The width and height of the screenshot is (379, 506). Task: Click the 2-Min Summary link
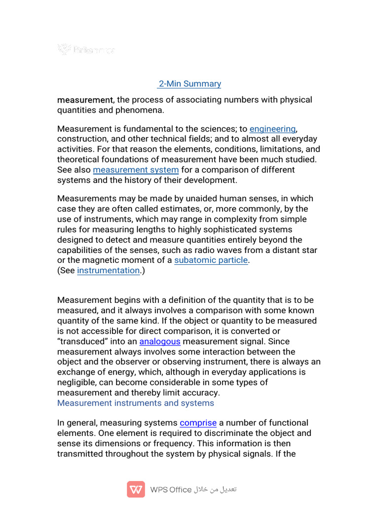[189, 84]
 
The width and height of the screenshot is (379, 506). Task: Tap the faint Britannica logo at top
[86, 49]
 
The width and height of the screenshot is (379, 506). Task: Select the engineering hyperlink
[272, 129]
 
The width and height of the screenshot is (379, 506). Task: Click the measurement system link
[136, 170]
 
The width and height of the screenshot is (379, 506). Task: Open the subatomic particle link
[211, 260]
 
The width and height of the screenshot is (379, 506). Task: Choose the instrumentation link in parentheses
[108, 270]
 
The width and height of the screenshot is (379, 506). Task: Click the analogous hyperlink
[160, 341]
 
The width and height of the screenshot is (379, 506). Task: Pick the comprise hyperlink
[198, 423]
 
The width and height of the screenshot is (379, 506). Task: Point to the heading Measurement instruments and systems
[136, 403]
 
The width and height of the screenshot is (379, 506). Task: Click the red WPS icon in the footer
[136, 490]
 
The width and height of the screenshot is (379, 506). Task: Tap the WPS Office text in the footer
[171, 490]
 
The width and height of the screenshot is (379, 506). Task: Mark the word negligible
[77, 382]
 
